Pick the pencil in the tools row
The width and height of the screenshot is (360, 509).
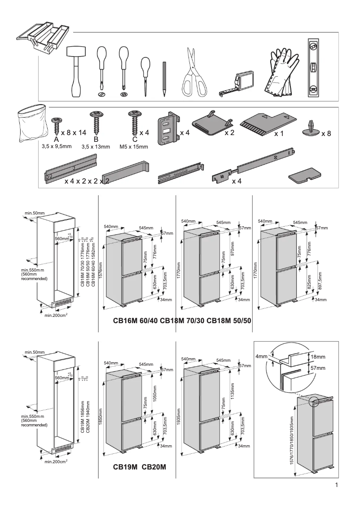(x=165, y=79)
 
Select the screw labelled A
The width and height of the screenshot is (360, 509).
(x=57, y=125)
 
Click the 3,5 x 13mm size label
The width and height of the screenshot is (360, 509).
(x=96, y=147)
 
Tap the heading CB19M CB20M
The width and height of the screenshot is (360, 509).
(x=140, y=467)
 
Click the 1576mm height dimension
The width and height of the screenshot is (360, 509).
(x=101, y=271)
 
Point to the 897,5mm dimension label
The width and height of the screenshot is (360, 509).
(x=320, y=281)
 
